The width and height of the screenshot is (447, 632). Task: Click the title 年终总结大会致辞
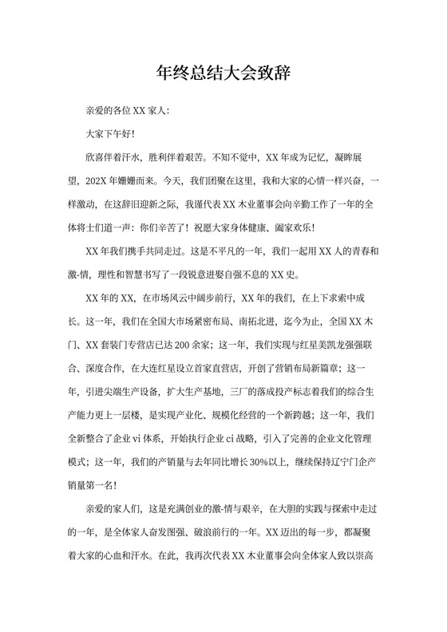223,74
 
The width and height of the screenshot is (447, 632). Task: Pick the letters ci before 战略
226,438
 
